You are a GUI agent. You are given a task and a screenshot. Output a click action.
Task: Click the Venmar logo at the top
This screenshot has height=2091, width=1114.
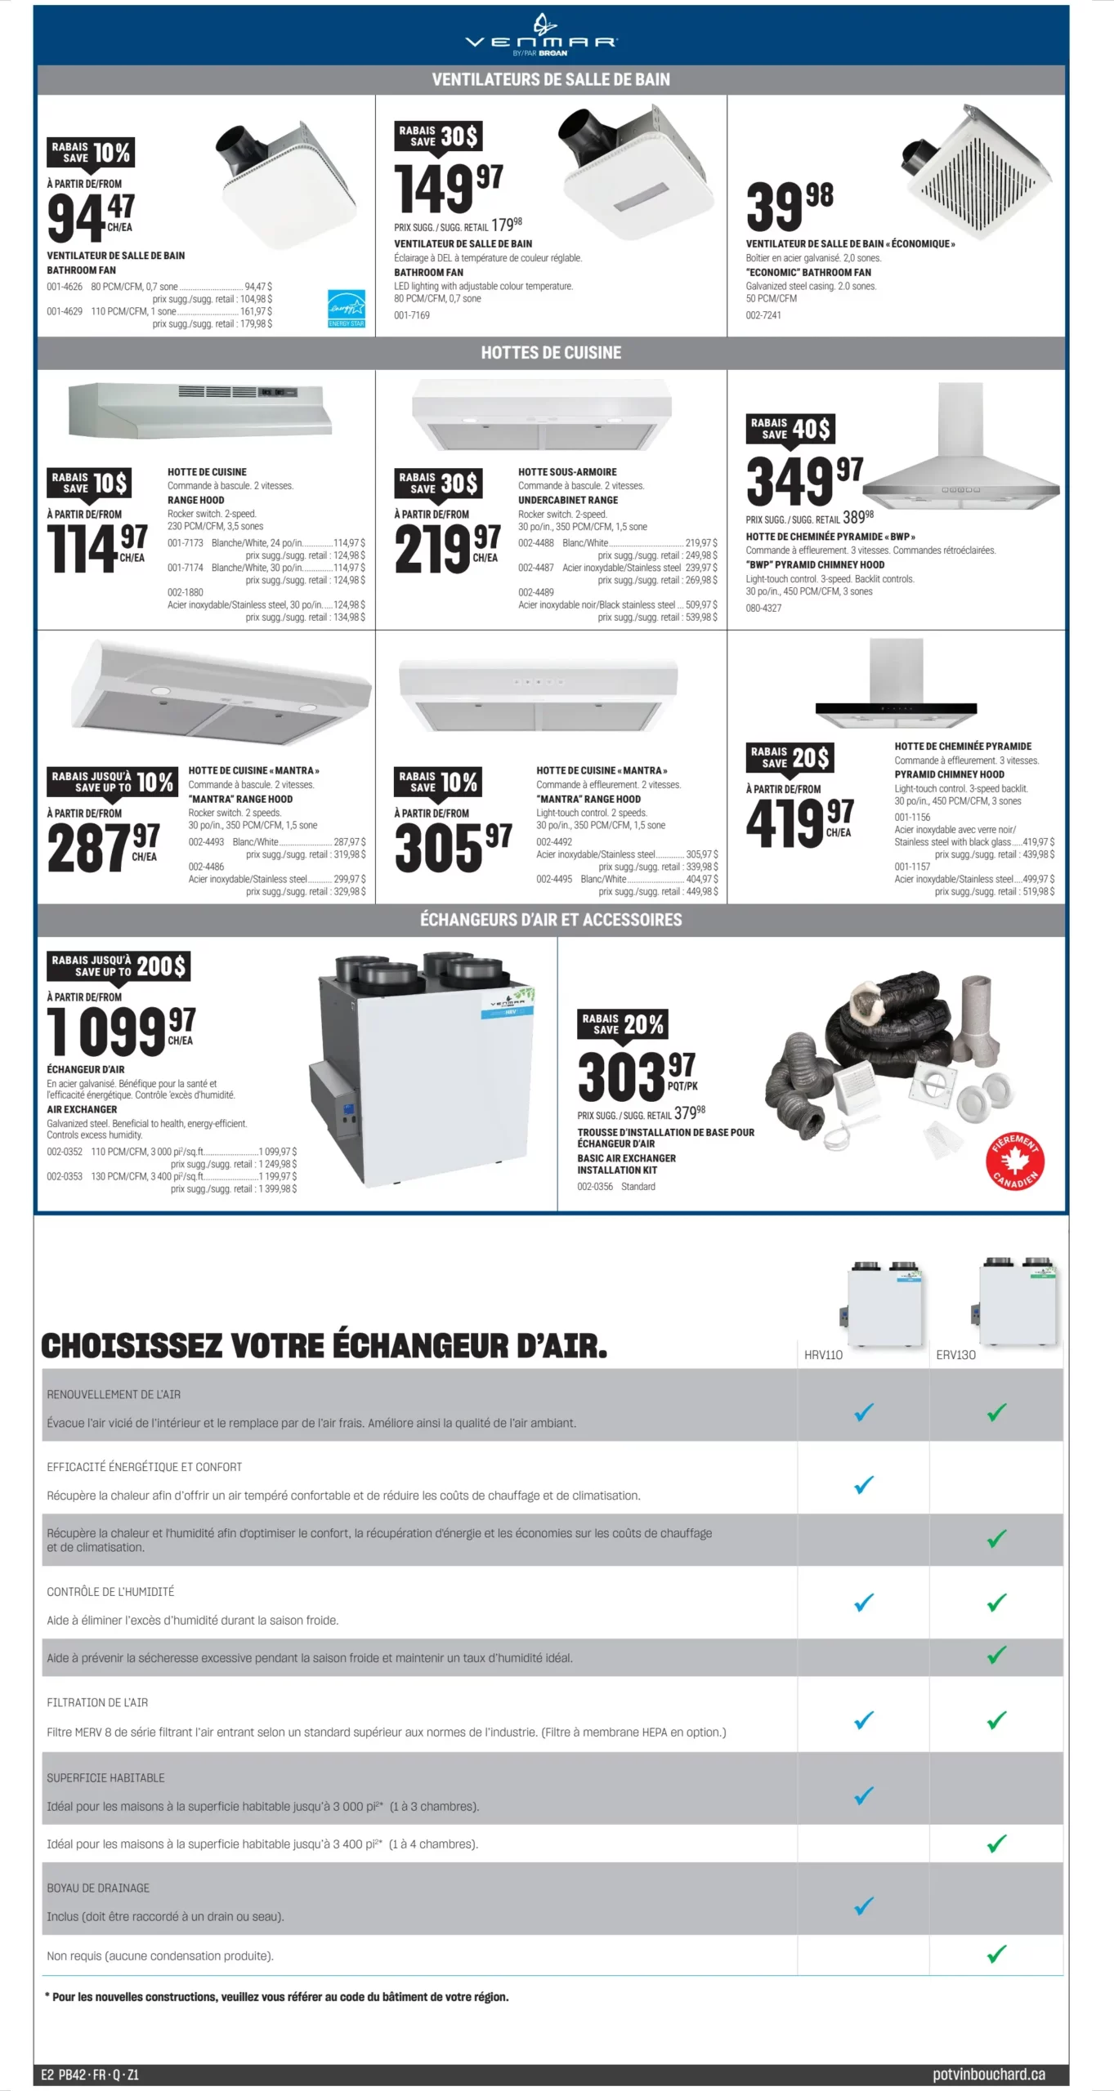tap(541, 37)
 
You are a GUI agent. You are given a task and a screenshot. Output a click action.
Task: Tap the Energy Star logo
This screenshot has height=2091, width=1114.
tap(346, 308)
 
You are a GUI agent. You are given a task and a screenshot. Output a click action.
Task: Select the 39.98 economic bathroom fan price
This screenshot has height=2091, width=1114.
tap(789, 206)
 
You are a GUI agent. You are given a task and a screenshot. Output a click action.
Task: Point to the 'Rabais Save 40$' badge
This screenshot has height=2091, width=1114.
tap(790, 428)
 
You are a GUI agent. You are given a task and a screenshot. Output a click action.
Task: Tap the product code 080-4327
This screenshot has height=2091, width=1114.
tap(763, 608)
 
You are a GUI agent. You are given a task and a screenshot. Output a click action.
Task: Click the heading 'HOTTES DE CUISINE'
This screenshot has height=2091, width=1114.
tap(551, 353)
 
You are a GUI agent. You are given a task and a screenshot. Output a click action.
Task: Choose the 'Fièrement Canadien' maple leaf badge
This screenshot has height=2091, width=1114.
tap(1014, 1161)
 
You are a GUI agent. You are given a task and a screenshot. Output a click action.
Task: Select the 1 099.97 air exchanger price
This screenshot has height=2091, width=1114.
tap(121, 1031)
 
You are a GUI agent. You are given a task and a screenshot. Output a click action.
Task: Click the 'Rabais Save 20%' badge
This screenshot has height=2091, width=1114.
tap(623, 1023)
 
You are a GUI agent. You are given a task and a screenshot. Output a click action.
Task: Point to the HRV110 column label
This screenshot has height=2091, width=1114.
tap(823, 1354)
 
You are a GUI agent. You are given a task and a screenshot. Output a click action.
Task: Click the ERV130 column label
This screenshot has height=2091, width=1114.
tap(955, 1354)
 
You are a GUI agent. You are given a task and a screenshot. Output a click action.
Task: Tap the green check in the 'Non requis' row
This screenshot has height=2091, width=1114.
tap(996, 1955)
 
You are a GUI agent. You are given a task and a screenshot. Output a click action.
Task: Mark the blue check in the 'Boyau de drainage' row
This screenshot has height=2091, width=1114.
tap(863, 1906)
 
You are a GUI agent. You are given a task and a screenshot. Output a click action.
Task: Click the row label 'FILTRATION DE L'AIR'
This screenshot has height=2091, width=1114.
tap(97, 1702)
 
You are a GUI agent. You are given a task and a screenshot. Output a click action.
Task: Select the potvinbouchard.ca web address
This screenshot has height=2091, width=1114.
tap(988, 2074)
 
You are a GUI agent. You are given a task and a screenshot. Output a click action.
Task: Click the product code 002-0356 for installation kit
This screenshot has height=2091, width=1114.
tap(595, 1186)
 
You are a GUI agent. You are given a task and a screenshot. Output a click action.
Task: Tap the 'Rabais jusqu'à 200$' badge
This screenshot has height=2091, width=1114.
tap(119, 965)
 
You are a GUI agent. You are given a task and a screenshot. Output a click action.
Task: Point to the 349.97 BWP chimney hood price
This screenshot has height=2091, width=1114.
tap(804, 482)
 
